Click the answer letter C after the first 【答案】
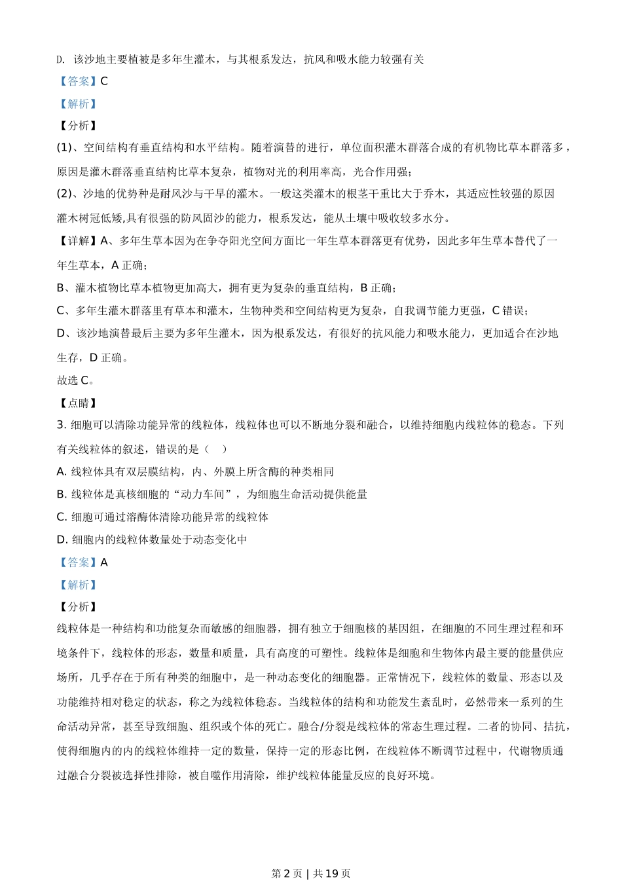104,81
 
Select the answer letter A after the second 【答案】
104,562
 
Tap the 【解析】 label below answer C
78,103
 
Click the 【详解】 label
78,241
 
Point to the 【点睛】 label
78,403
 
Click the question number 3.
62,425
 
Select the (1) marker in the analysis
65,147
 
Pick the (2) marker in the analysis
65,194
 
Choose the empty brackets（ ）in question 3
216,449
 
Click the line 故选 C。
76,380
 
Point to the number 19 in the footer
331,873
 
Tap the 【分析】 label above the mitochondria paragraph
78,607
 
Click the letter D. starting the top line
61,60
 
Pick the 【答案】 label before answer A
78,562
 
